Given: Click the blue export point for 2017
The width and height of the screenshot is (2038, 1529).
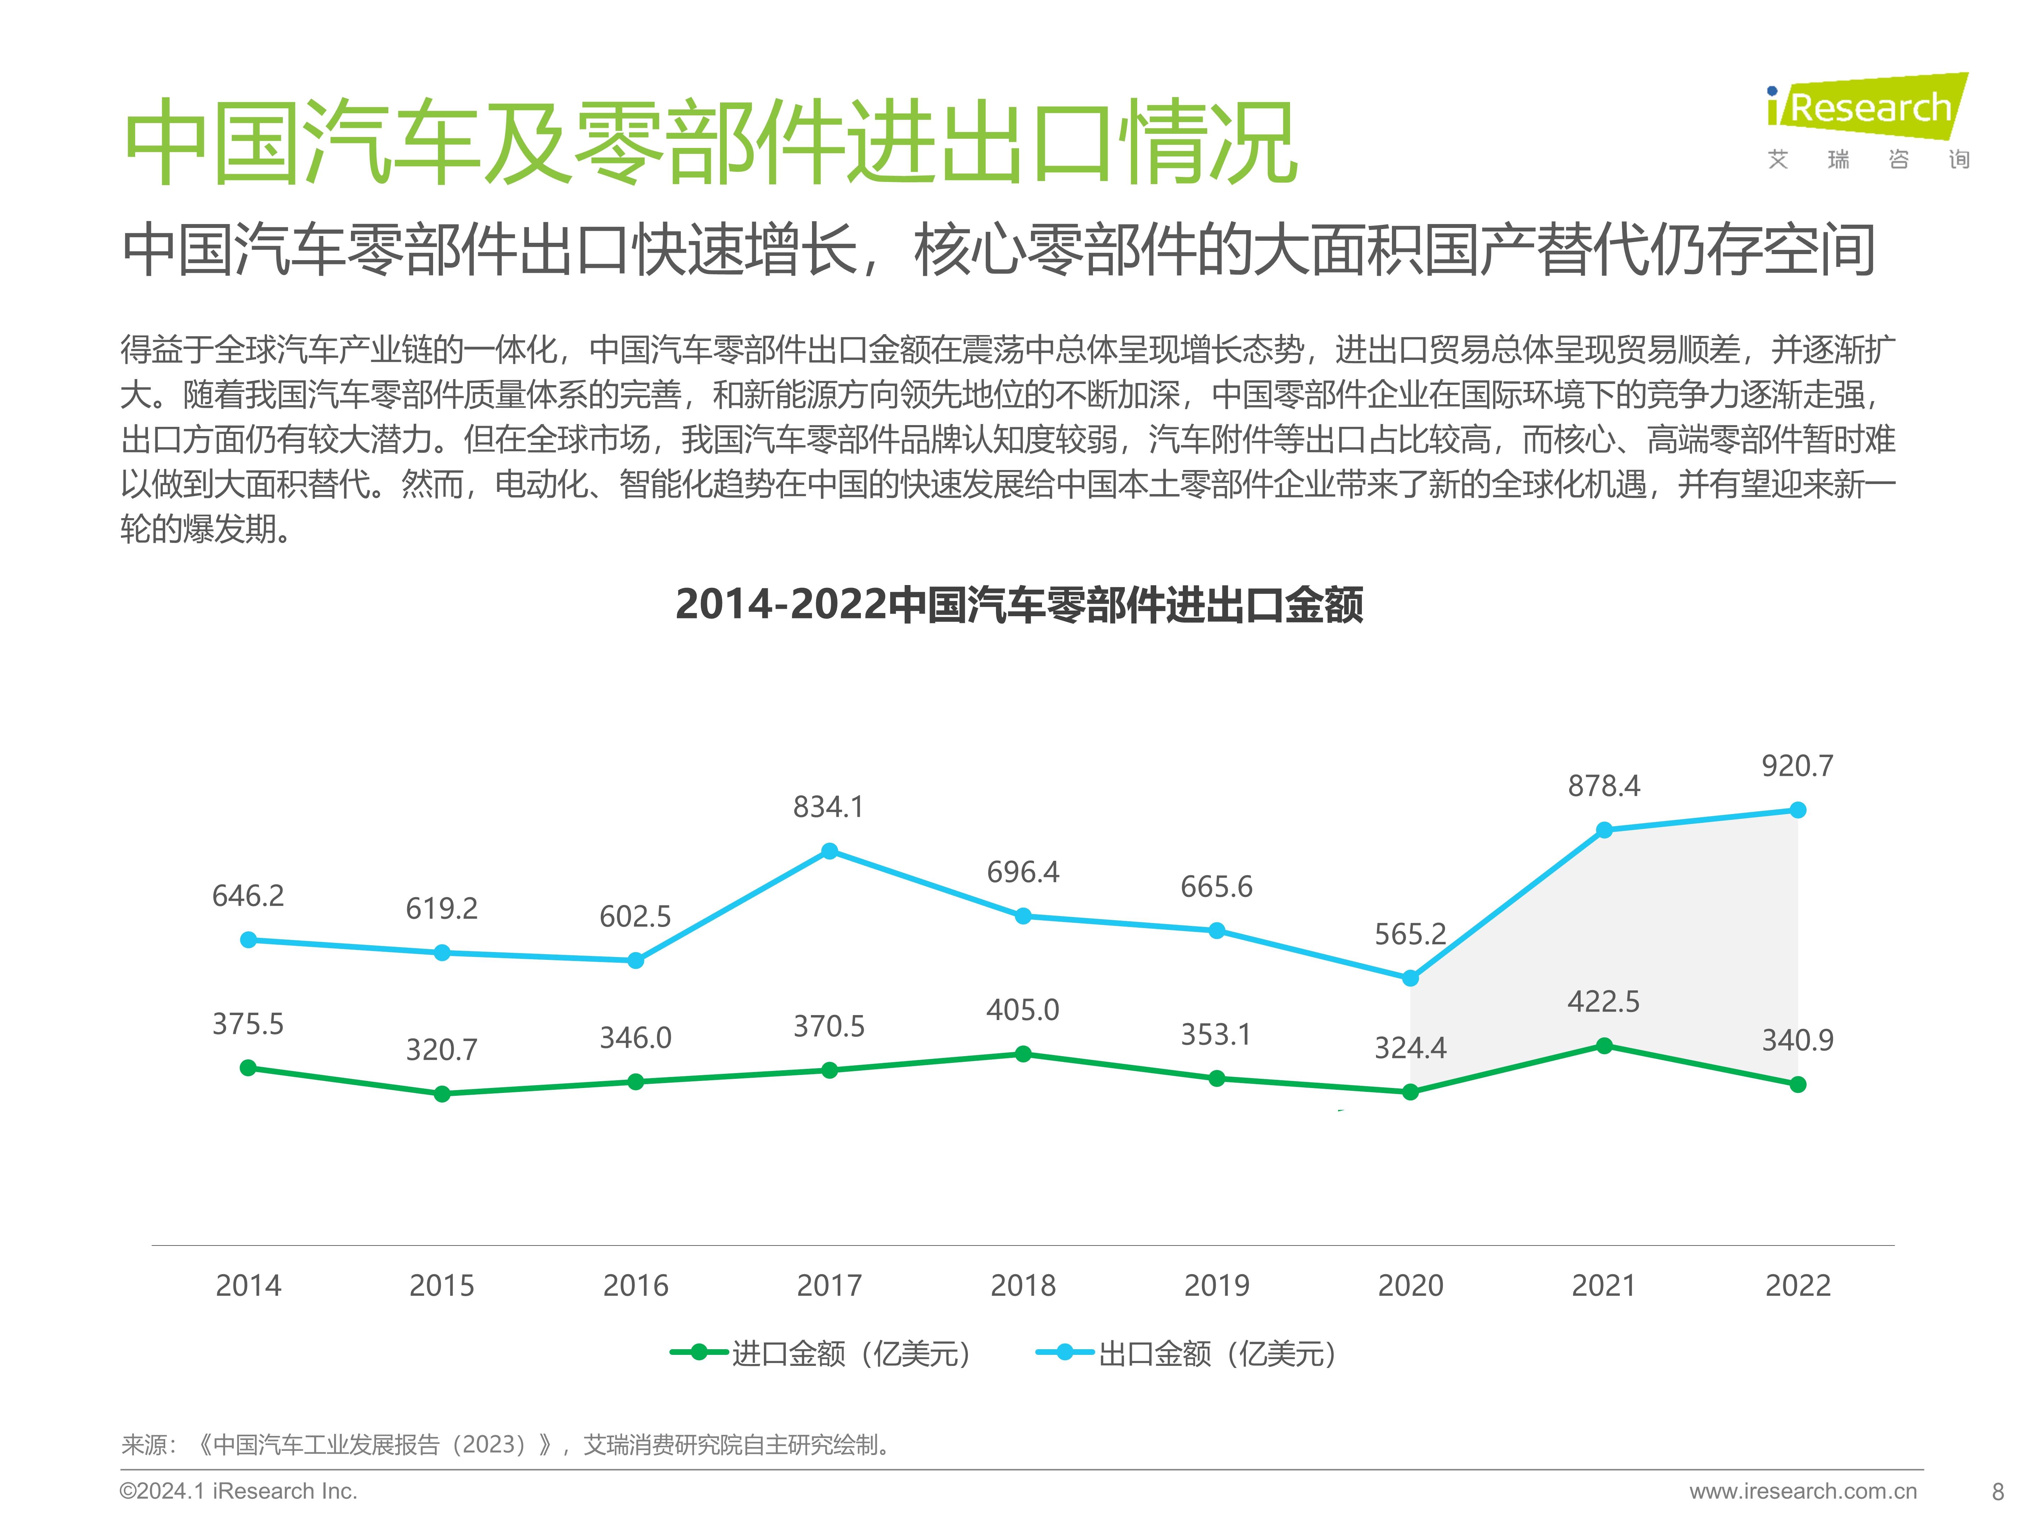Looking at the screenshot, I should coord(829,851).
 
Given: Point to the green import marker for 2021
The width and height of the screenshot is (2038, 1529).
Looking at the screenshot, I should coord(1604,1045).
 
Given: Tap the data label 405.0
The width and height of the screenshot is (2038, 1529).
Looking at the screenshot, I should coord(1023,1010).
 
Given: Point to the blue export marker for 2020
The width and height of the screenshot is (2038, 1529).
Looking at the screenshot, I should coord(1411,978).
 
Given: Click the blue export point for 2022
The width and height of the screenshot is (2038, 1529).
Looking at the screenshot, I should coord(1797,810).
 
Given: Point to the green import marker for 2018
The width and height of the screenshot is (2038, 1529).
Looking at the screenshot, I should coord(1023,1053).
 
